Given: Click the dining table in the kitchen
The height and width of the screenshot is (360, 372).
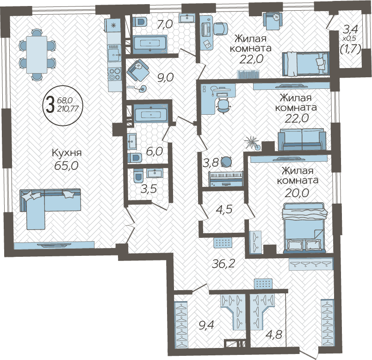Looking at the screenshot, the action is point(37,54).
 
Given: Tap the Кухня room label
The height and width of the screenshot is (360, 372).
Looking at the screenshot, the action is point(67,153).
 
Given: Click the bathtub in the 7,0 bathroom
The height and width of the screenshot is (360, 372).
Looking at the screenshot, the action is point(150,44).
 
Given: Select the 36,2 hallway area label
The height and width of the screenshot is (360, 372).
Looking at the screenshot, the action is point(223,263).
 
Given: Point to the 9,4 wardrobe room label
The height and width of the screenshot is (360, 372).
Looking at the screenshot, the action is point(207,325).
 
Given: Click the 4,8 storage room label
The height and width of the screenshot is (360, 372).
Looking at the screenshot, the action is point(274,335).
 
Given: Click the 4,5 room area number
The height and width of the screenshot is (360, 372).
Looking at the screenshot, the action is point(224,210).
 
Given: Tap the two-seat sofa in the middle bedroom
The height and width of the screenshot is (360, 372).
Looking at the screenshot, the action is point(302,140).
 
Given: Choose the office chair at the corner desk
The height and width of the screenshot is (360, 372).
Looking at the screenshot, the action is point(223,106).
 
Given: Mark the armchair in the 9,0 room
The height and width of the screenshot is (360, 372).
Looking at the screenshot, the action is point(138,70).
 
